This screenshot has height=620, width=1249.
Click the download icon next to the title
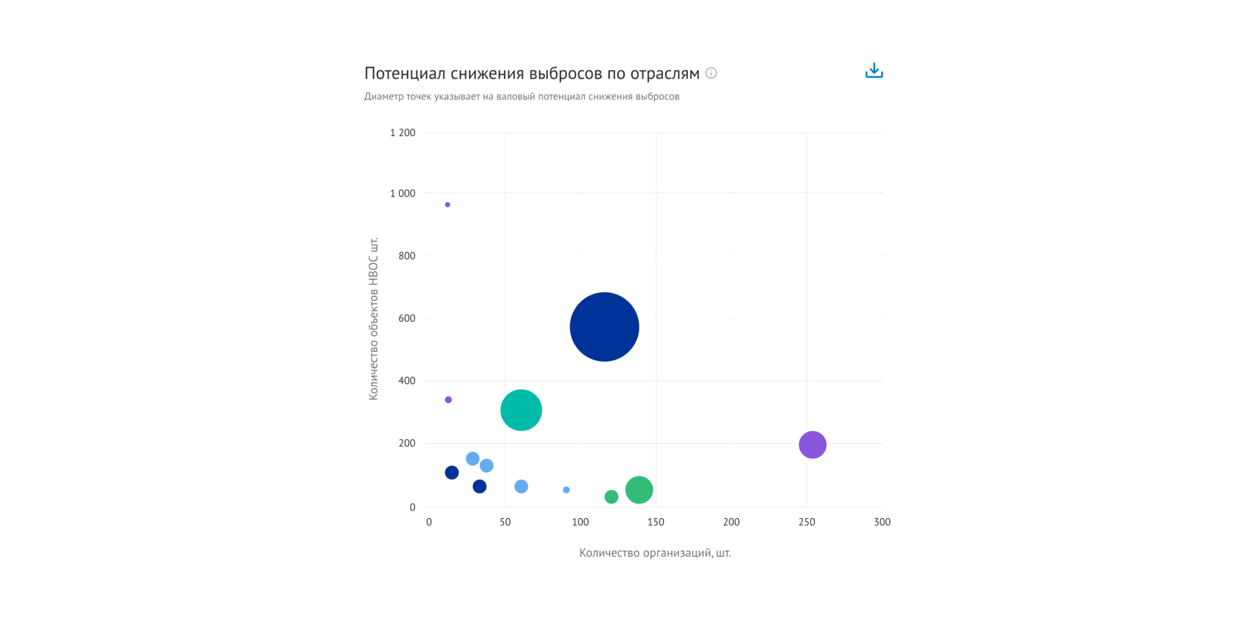point(874,71)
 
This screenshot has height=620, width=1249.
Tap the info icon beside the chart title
point(711,73)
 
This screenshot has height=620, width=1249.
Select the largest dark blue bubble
point(604,327)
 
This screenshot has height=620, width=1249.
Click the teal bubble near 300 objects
point(521,410)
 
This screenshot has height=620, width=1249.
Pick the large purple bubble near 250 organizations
point(813,445)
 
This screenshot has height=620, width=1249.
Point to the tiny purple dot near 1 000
point(448,204)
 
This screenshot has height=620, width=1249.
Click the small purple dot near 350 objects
point(448,400)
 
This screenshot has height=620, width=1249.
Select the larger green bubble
point(639,490)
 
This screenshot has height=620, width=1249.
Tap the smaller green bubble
point(611,497)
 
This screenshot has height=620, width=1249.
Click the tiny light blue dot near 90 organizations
point(567,490)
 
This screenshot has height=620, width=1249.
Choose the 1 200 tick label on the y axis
point(402,133)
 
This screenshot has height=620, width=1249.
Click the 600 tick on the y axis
point(407,318)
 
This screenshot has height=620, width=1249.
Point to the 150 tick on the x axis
point(656,522)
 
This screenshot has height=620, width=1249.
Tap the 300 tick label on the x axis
point(882,522)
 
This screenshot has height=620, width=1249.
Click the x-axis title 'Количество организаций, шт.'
point(655,553)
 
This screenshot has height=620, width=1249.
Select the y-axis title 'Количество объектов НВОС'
point(373,318)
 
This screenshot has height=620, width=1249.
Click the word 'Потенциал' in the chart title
point(404,74)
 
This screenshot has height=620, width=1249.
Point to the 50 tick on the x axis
point(505,522)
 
